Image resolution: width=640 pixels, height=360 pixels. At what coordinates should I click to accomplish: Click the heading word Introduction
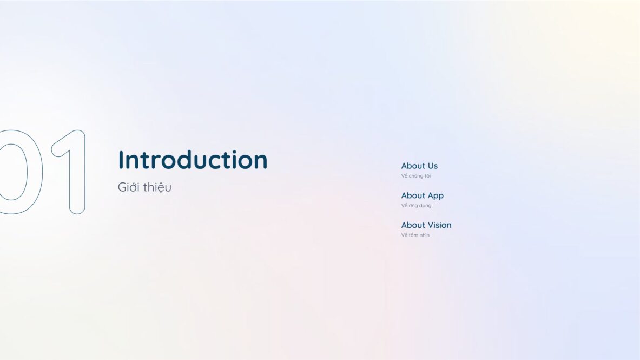point(193,160)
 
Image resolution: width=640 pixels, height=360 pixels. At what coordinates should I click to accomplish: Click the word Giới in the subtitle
point(129,187)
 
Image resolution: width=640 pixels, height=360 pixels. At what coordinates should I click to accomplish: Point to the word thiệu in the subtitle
point(157,187)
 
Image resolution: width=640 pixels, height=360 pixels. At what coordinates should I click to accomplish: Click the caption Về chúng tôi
point(415,176)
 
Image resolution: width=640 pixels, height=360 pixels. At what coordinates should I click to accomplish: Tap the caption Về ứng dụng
point(416,206)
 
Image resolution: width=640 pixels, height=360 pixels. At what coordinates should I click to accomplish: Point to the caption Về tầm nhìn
point(415,235)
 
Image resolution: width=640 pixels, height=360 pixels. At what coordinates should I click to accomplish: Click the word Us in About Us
point(433,166)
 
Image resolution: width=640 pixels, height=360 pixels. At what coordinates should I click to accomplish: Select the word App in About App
point(436,196)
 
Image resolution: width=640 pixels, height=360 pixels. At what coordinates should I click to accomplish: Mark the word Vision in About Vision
point(440,225)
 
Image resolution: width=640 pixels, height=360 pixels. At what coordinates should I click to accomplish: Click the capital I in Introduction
point(120,160)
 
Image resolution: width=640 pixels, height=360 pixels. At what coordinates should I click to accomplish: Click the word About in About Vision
point(413,225)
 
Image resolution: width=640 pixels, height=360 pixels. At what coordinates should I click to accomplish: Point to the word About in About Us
point(413,166)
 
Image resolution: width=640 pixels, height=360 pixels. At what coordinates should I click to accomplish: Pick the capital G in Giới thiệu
point(122,187)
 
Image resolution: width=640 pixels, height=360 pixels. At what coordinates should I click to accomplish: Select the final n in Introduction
point(261,162)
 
